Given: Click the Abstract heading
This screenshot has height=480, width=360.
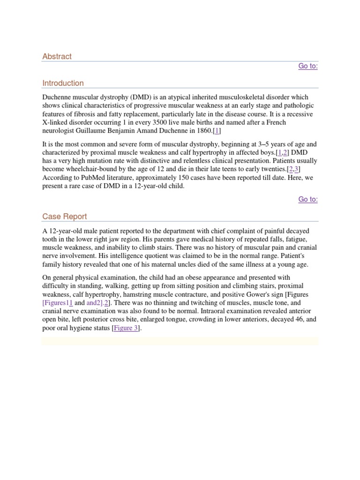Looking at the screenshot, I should tap(57, 56).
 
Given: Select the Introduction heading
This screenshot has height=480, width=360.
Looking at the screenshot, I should tap(63, 83).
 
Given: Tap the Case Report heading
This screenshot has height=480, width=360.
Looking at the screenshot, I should tap(64, 217).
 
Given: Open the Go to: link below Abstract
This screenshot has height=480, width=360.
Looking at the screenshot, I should tap(308, 66).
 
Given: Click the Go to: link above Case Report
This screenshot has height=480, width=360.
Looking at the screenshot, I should tap(308, 200).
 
